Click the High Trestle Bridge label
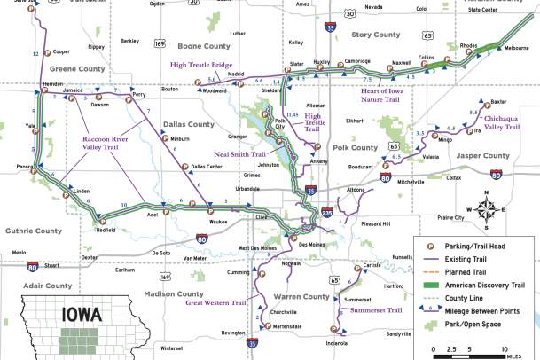[x=202, y=65]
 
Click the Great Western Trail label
[x=215, y=303]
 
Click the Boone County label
[x=204, y=46]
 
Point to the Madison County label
[x=174, y=293]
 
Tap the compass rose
[x=487, y=208]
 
